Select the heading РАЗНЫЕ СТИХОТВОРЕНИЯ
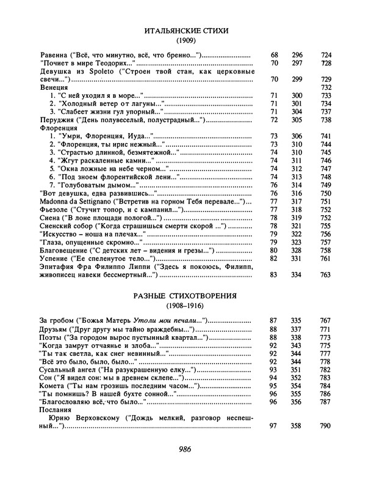pos(185,296)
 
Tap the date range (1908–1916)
pos(185,307)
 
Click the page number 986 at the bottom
pos(185,450)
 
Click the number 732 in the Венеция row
pos(325,88)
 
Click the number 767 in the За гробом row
pos(325,321)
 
